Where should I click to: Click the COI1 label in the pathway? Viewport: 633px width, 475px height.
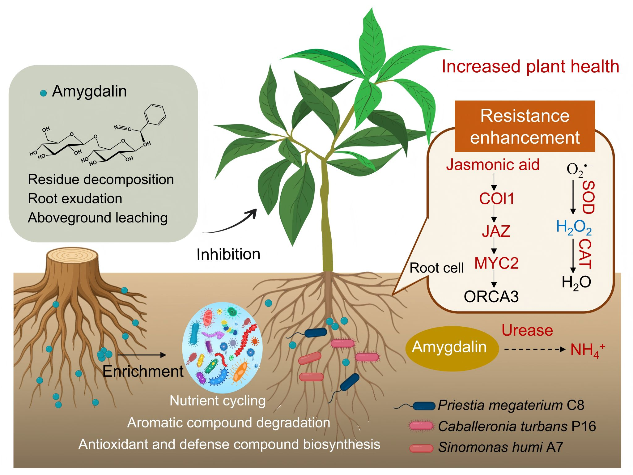tap(496, 199)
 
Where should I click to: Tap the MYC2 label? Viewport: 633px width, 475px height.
tap(496, 263)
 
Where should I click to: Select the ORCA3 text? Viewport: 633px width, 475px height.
tap(491, 297)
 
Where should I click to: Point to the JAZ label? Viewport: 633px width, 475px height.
tap(496, 231)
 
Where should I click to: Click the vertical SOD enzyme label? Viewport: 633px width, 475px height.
tap(588, 198)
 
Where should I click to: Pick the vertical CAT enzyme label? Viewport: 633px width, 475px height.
tap(585, 254)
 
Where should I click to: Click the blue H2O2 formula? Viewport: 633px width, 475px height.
tap(574, 227)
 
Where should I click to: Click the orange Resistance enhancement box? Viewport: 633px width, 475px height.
tap(525, 126)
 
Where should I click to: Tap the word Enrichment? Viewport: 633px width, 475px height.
tap(143, 371)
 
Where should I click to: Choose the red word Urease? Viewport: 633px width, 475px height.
tap(527, 330)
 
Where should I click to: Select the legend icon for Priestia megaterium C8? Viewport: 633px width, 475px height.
tap(423, 405)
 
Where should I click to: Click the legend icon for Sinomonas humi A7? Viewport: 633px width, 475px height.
tap(421, 448)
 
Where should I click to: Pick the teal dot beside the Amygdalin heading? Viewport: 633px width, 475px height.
tap(44, 93)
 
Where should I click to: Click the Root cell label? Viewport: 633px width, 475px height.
tap(436, 268)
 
